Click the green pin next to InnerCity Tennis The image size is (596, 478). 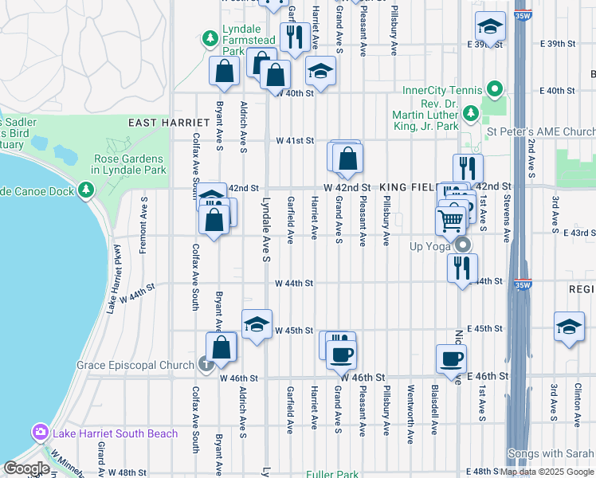point(494,89)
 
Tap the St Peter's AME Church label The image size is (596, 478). point(541,131)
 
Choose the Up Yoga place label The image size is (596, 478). point(431,245)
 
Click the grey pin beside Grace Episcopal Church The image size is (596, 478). point(206,366)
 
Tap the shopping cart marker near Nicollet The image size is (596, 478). point(451,219)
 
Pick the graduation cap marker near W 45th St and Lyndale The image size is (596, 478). point(257,324)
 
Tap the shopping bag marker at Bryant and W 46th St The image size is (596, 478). point(222,347)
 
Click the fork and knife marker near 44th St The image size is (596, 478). point(462,268)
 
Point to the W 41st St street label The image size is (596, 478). point(295,140)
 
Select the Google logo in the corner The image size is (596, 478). point(25,468)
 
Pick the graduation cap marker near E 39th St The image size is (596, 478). point(490,27)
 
